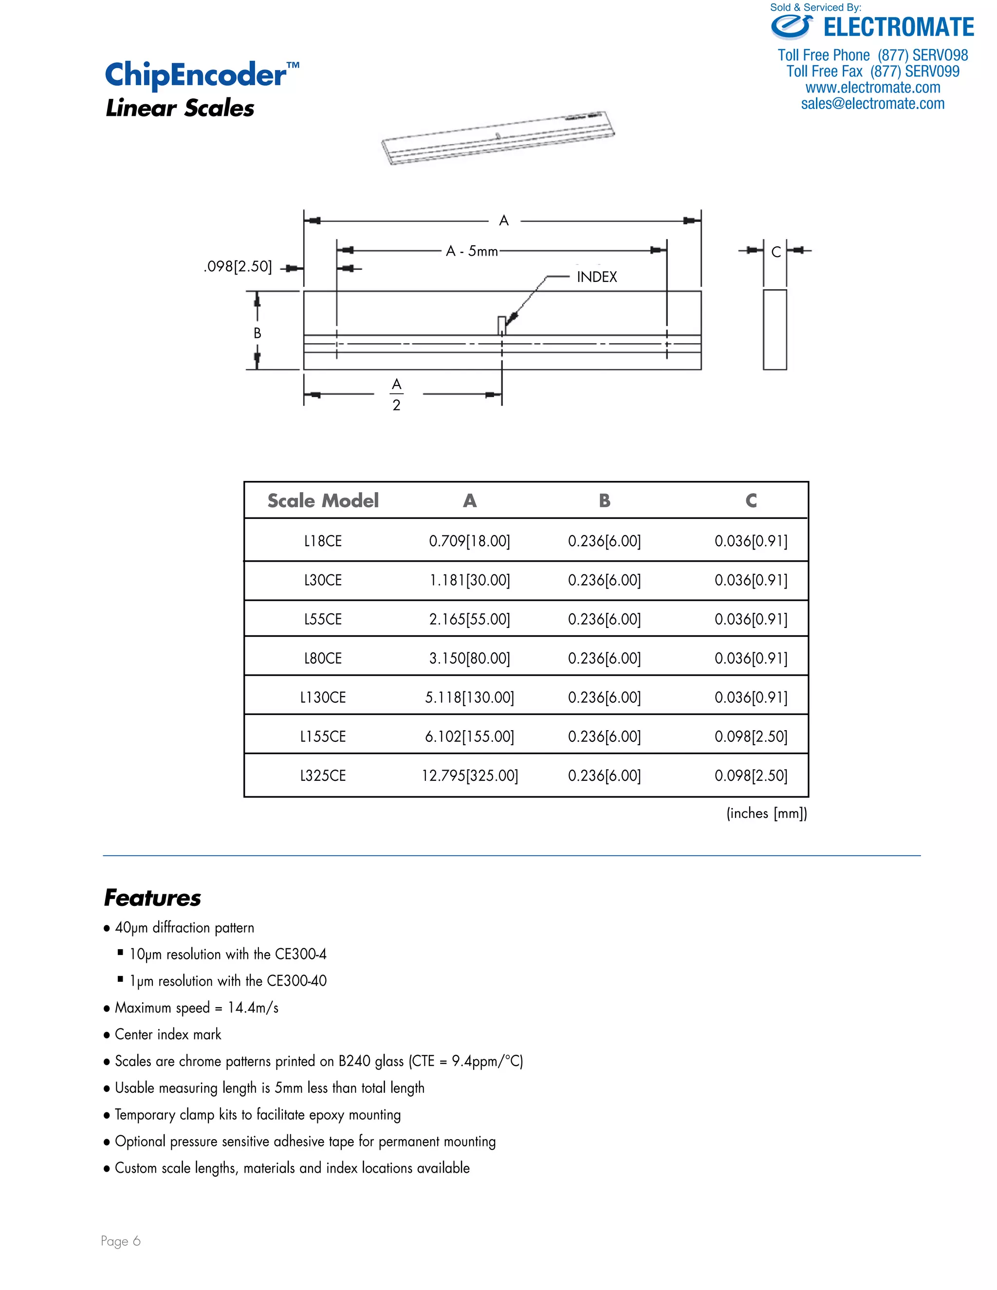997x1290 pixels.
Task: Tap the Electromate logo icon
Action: pyautogui.click(x=792, y=27)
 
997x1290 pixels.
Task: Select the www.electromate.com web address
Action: pyautogui.click(x=872, y=88)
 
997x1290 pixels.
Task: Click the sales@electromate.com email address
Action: pyautogui.click(x=872, y=104)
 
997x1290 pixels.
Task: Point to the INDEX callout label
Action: pyautogui.click(x=596, y=277)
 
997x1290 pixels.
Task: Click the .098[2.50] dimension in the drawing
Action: pyautogui.click(x=238, y=266)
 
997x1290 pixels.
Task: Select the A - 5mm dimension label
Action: pyautogui.click(x=471, y=251)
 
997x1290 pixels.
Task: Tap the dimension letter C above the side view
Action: pyautogui.click(x=775, y=252)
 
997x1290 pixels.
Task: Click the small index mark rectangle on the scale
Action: pyautogui.click(x=501, y=325)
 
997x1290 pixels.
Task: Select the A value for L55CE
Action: pyautogui.click(x=470, y=619)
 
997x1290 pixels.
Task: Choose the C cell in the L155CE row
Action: pyautogui.click(x=751, y=737)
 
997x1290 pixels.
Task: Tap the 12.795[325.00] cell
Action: pyautogui.click(x=470, y=775)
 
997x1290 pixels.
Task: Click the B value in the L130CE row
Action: pyautogui.click(x=604, y=698)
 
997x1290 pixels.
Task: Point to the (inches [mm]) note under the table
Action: pyautogui.click(x=766, y=813)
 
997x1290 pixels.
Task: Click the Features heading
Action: pyautogui.click(x=152, y=898)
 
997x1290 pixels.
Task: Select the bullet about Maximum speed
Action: pyautogui.click(x=196, y=1008)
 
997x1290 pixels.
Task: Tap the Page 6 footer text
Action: pyautogui.click(x=121, y=1241)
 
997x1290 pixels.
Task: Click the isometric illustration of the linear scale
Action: pyautogui.click(x=498, y=138)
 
